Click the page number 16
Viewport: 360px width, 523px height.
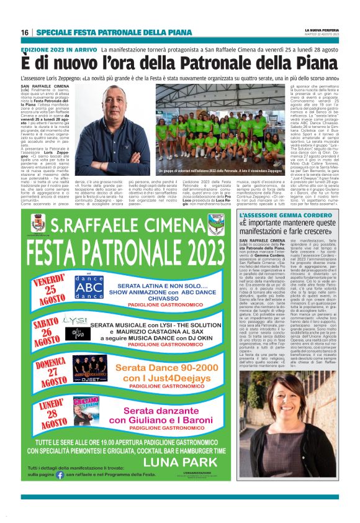[x=25, y=32]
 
